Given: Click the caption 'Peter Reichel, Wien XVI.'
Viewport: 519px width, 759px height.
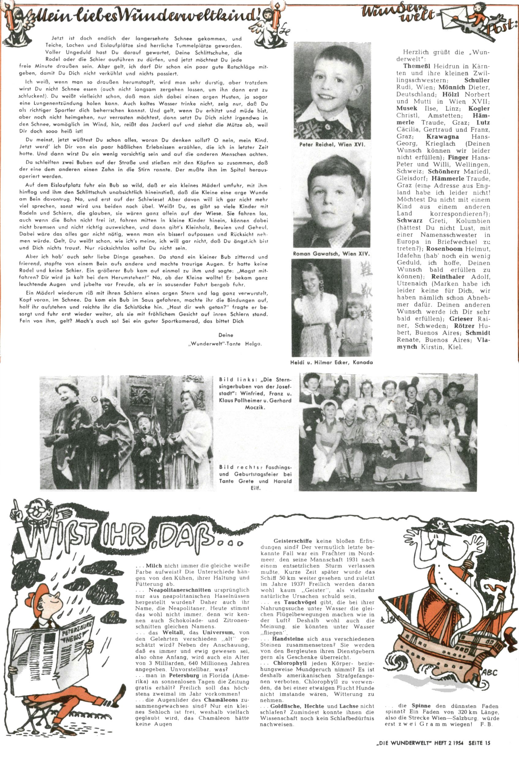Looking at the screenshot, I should (x=332, y=144).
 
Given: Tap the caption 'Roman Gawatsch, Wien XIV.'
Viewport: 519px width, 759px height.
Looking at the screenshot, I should (x=331, y=253).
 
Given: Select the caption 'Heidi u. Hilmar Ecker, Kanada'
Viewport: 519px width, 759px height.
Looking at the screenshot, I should (x=331, y=362).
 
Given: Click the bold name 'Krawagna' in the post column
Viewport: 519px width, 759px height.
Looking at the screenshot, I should (x=442, y=137).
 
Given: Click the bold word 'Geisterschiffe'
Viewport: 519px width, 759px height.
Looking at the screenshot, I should (x=292, y=541).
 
